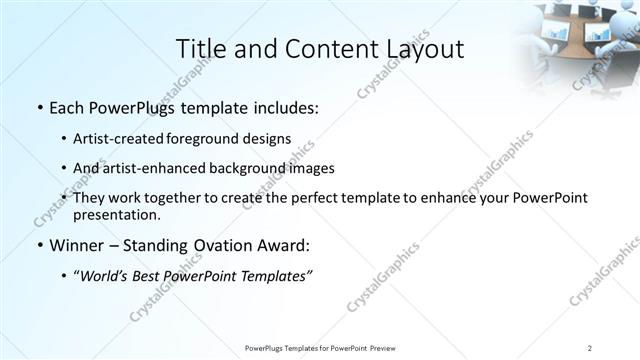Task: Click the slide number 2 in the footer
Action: tap(590, 347)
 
